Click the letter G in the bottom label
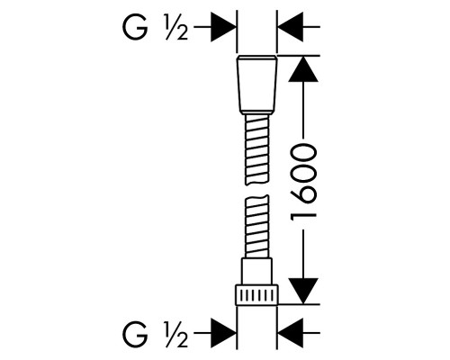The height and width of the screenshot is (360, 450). point(135,333)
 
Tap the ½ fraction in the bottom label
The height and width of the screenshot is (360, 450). point(176,333)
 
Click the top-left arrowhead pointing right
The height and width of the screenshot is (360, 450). point(223,27)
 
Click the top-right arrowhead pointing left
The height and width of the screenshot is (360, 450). point(291,27)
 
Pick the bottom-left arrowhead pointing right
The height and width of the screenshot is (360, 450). point(223,333)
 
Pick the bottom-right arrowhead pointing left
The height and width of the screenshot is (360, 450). point(291,333)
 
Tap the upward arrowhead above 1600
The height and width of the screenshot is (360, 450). point(303,69)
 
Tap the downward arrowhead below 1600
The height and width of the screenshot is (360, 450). point(303,291)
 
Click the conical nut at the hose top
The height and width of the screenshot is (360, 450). point(257,84)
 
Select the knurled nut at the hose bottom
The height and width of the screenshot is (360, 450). point(256,295)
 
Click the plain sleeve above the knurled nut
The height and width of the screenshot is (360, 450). point(256,271)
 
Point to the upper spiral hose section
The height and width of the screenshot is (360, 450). point(257,150)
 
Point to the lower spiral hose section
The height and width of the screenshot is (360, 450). point(256,226)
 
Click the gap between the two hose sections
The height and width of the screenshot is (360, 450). point(257,190)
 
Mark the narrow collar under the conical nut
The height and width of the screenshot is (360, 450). point(257,113)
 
